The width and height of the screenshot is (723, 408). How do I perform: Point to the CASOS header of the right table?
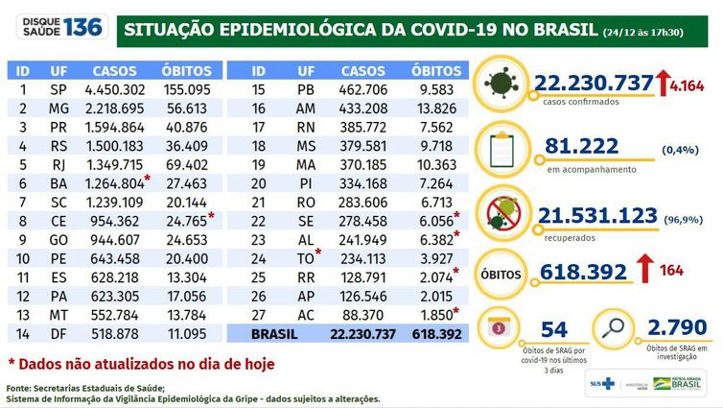(363, 70)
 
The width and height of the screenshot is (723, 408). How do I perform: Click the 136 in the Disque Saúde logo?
(82, 26)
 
